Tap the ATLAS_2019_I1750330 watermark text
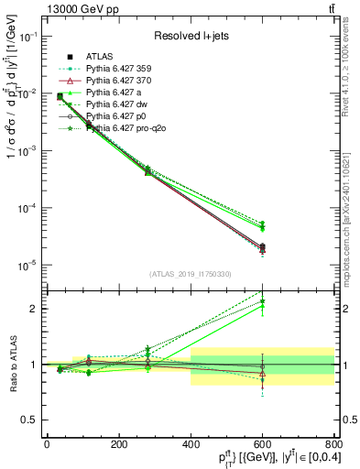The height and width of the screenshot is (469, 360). (x=191, y=274)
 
